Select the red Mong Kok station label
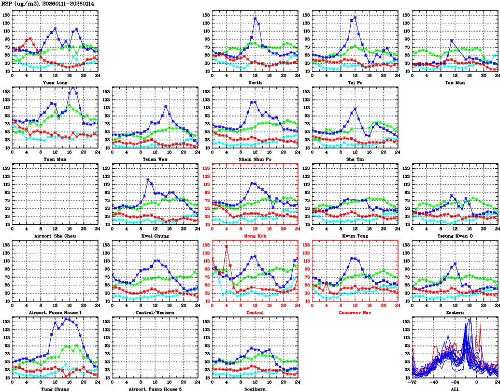tap(254, 236)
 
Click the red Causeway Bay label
tap(355, 313)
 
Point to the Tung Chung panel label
tap(54, 389)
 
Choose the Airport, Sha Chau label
tap(54, 236)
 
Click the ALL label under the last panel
tap(454, 389)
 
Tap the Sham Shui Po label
tap(254, 160)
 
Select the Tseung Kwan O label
tap(454, 236)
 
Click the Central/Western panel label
tap(154, 313)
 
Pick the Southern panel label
tap(254, 389)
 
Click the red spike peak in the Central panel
tap(226, 246)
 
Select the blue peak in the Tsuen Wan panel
tap(166, 106)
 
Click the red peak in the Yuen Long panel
tap(30, 38)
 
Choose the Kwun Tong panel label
tap(355, 236)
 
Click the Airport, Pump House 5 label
tap(154, 389)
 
